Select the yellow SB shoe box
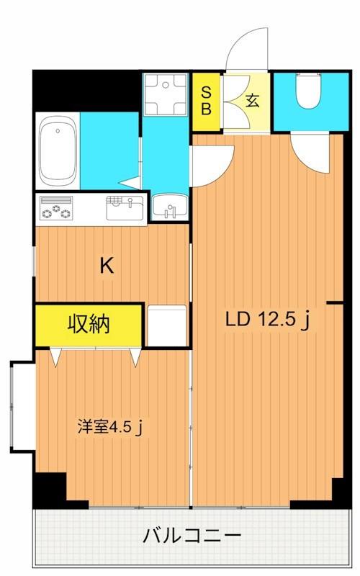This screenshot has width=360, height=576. click(206, 101)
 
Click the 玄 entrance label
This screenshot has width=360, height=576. click(252, 100)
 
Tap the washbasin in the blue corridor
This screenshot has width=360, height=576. click(170, 207)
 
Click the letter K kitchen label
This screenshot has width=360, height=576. click(106, 266)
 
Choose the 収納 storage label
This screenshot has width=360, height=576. click(89, 325)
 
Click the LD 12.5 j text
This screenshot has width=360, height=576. click(267, 320)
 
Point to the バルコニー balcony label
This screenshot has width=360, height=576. click(191, 536)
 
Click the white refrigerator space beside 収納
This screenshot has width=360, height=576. click(167, 325)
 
